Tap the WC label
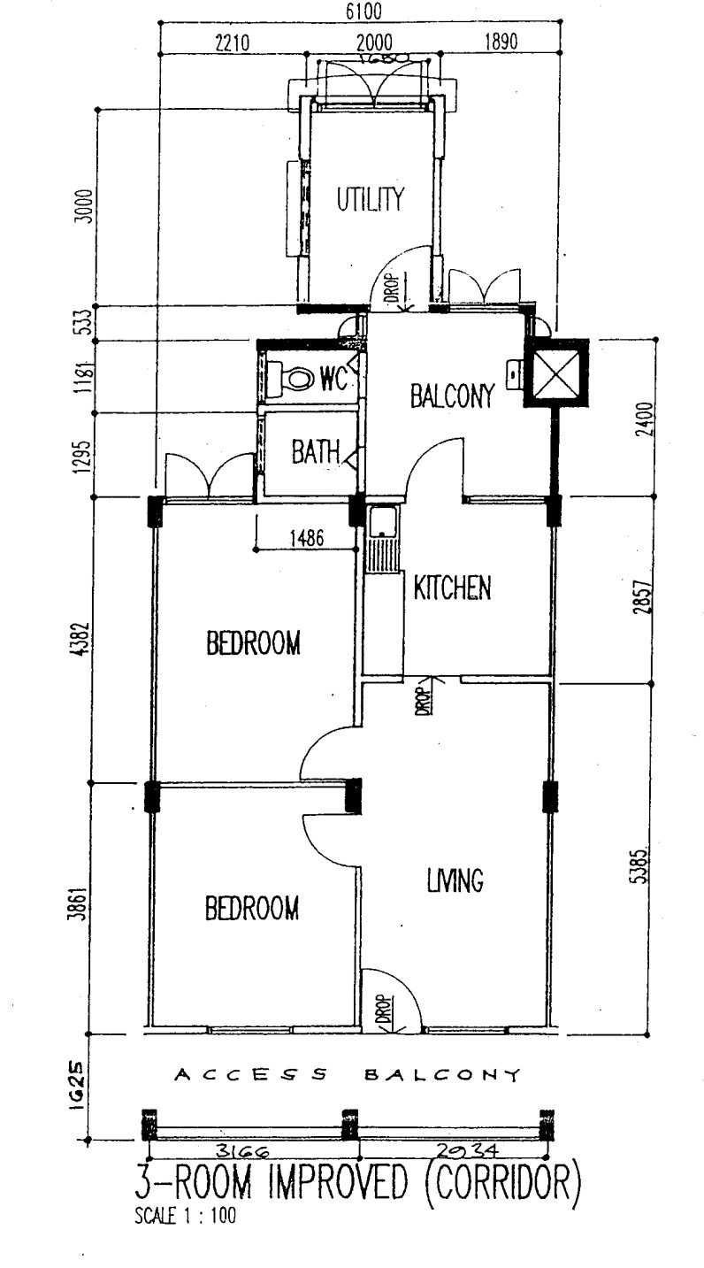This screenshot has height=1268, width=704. tap(331, 379)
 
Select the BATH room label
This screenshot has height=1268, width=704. tap(316, 452)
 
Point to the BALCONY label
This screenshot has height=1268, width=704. tap(450, 397)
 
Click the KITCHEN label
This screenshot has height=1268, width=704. tap(452, 588)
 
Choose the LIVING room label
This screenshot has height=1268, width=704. tap(454, 880)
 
